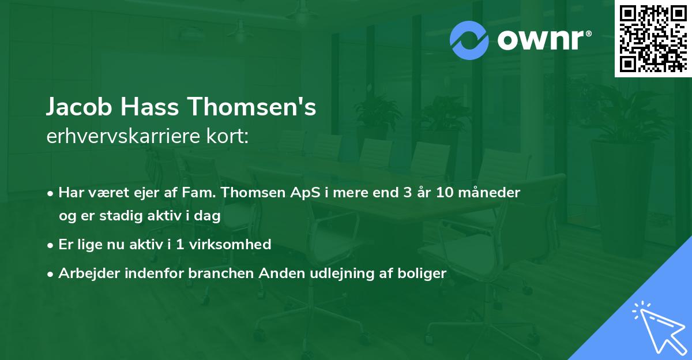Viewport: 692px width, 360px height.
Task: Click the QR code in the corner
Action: (x=653, y=38)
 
